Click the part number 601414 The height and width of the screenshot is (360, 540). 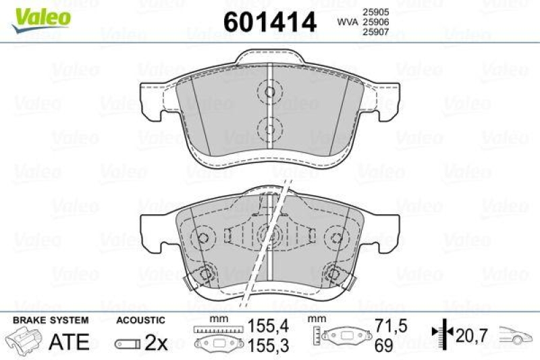coord(269,22)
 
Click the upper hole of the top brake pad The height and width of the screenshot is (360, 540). coord(269,93)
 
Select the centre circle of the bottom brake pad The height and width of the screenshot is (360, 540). coord(268,235)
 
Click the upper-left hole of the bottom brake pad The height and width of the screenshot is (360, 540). coord(202,237)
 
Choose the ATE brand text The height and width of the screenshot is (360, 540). coord(70,342)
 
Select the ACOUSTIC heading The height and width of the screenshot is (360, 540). coord(140,320)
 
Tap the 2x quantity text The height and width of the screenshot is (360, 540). coord(156,342)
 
